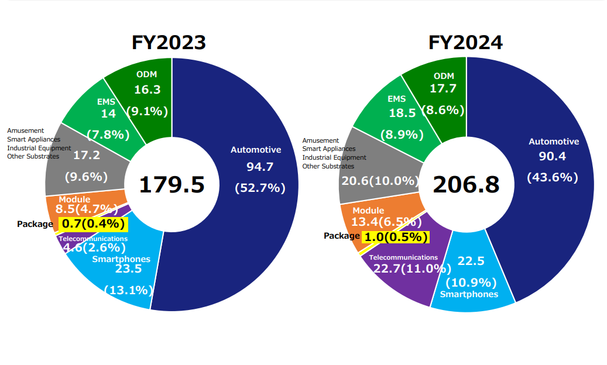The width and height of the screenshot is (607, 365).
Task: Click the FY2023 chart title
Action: coord(169,43)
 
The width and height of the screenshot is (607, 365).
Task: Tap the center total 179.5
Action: coord(172,185)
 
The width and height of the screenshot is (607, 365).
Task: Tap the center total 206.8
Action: coord(466,185)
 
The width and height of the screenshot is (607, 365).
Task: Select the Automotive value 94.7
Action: coord(260,167)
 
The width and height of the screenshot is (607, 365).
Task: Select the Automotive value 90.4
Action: coord(553,157)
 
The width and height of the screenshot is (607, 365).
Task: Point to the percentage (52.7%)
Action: coord(260,188)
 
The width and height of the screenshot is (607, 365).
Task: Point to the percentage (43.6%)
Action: coord(553,177)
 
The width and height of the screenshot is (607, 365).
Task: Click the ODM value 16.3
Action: coord(147,90)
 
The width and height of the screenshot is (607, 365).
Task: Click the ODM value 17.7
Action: coord(443,89)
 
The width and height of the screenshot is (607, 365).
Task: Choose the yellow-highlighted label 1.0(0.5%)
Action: coord(396,237)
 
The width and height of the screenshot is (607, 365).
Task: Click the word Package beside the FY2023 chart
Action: coord(35,224)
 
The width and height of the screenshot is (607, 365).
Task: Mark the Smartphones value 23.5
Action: coord(128,269)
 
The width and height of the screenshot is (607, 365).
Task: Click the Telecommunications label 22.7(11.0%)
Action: coord(404,268)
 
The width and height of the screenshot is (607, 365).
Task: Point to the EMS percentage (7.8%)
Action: coord(108,135)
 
